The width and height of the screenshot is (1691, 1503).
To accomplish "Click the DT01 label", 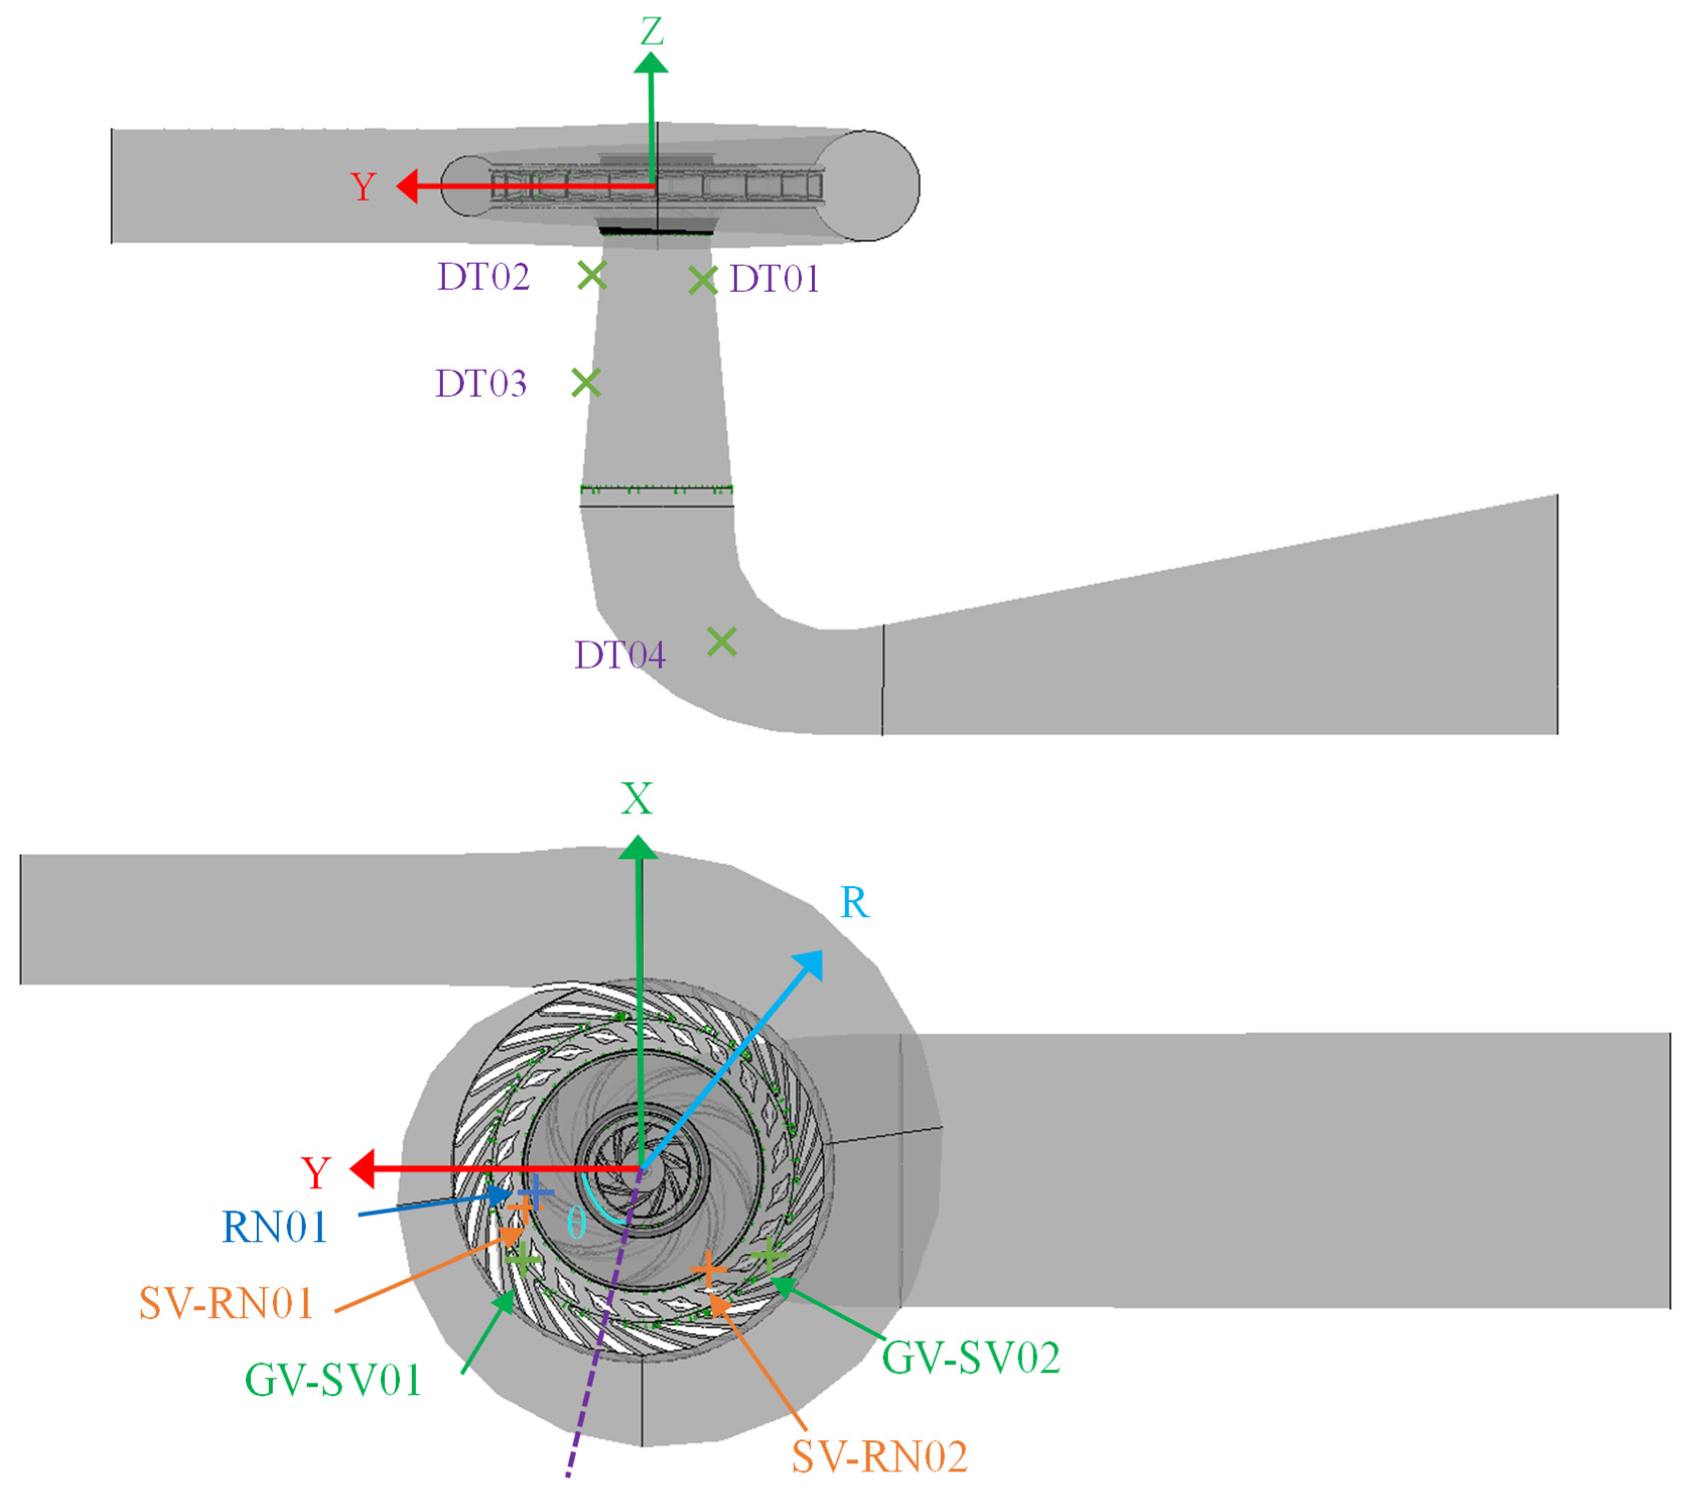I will [774, 280].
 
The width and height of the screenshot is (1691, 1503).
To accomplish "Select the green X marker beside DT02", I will [592, 275].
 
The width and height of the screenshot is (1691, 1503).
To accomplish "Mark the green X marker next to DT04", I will [722, 641].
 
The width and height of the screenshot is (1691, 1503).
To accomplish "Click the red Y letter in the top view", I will [363, 187].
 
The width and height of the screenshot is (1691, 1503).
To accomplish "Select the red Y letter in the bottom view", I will [316, 1174].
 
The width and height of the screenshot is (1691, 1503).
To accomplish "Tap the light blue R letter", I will [855, 903].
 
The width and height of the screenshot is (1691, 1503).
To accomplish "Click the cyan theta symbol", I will [577, 1222].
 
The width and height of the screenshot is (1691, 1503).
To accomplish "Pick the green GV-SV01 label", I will [332, 1381].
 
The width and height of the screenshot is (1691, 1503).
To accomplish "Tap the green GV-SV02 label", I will [970, 1358].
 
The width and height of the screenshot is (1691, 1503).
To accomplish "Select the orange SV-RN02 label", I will [879, 1458].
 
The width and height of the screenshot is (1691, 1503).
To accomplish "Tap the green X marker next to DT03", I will [586, 382].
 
